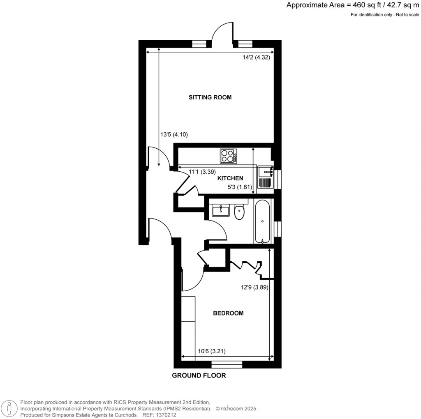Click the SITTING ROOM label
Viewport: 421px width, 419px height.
[210, 97]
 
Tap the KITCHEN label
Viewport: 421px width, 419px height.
[230, 178]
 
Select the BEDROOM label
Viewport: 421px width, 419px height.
[228, 313]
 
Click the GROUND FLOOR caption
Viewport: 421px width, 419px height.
[199, 375]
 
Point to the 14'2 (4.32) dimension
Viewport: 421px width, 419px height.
[256, 58]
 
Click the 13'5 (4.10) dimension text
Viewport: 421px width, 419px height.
[174, 134]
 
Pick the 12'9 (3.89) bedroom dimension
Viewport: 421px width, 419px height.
[254, 288]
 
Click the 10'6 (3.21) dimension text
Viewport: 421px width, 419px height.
[211, 351]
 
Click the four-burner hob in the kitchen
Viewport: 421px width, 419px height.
[229, 156]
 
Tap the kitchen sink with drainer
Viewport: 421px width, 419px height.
[266, 177]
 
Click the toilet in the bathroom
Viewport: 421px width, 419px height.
[239, 212]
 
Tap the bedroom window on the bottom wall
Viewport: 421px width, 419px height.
[227, 364]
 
